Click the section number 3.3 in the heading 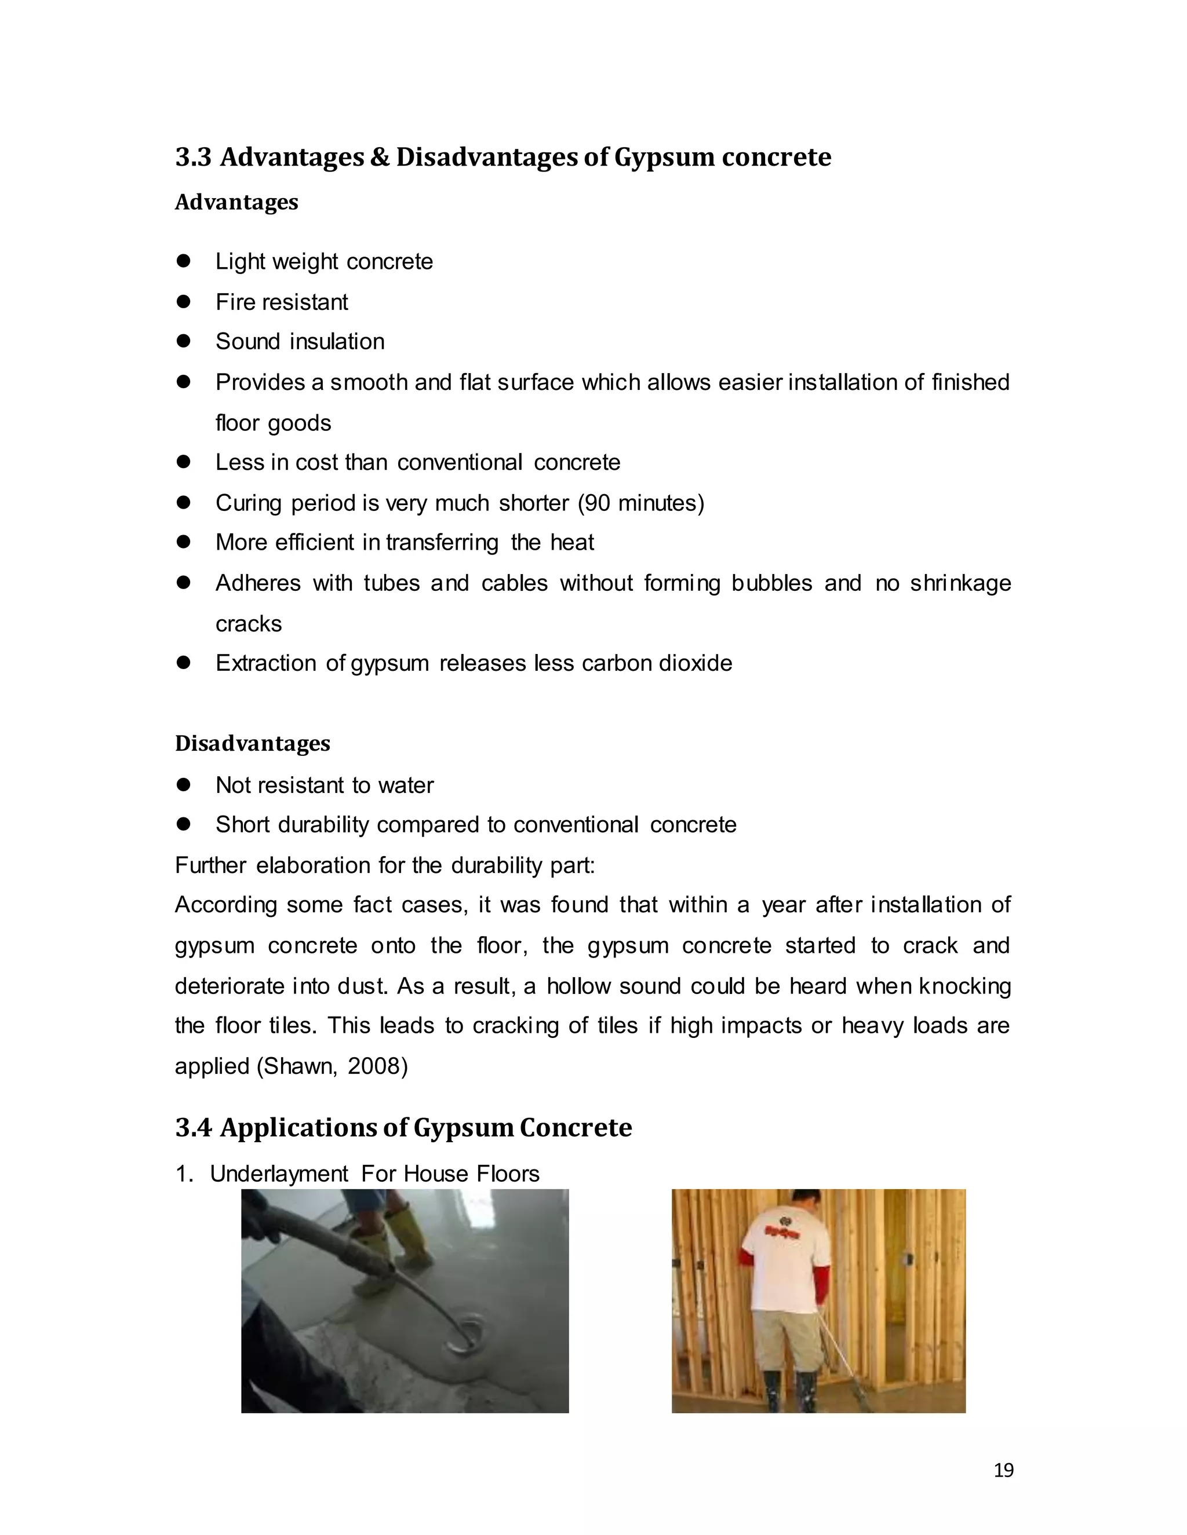click(x=192, y=157)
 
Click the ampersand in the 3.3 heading click(x=379, y=157)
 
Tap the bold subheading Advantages click(x=236, y=202)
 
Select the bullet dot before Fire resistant click(x=184, y=302)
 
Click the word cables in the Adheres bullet click(x=514, y=583)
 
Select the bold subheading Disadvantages click(x=253, y=744)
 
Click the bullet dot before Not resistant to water click(x=184, y=784)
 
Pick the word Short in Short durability click(x=242, y=824)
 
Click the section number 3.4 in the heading click(x=192, y=1128)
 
